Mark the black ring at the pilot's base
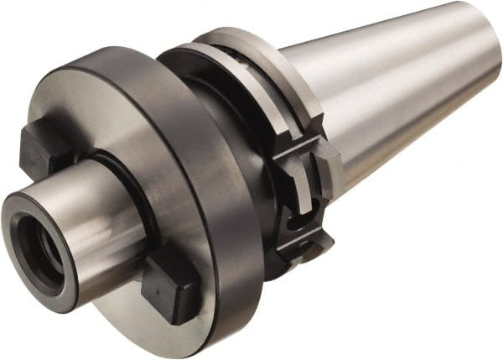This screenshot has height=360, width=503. coord(138,189)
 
